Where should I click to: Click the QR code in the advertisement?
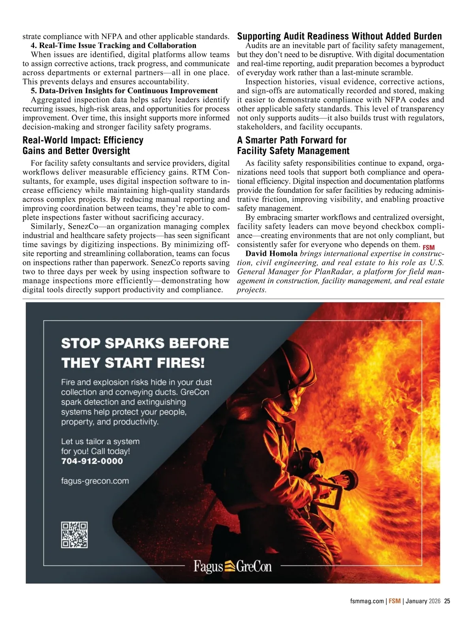click(74, 535)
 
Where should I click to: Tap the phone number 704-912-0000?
click(92, 461)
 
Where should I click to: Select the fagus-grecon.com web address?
click(95, 481)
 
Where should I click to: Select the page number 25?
click(447, 601)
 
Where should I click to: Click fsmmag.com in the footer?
click(367, 601)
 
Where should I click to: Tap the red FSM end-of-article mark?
click(429, 248)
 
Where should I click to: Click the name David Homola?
click(271, 254)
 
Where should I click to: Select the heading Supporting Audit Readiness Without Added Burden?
click(339, 36)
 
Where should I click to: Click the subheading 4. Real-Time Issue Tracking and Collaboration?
click(113, 45)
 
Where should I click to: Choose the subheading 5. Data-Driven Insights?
click(124, 91)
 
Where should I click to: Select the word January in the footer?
click(416, 601)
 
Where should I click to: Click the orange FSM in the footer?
click(395, 601)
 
